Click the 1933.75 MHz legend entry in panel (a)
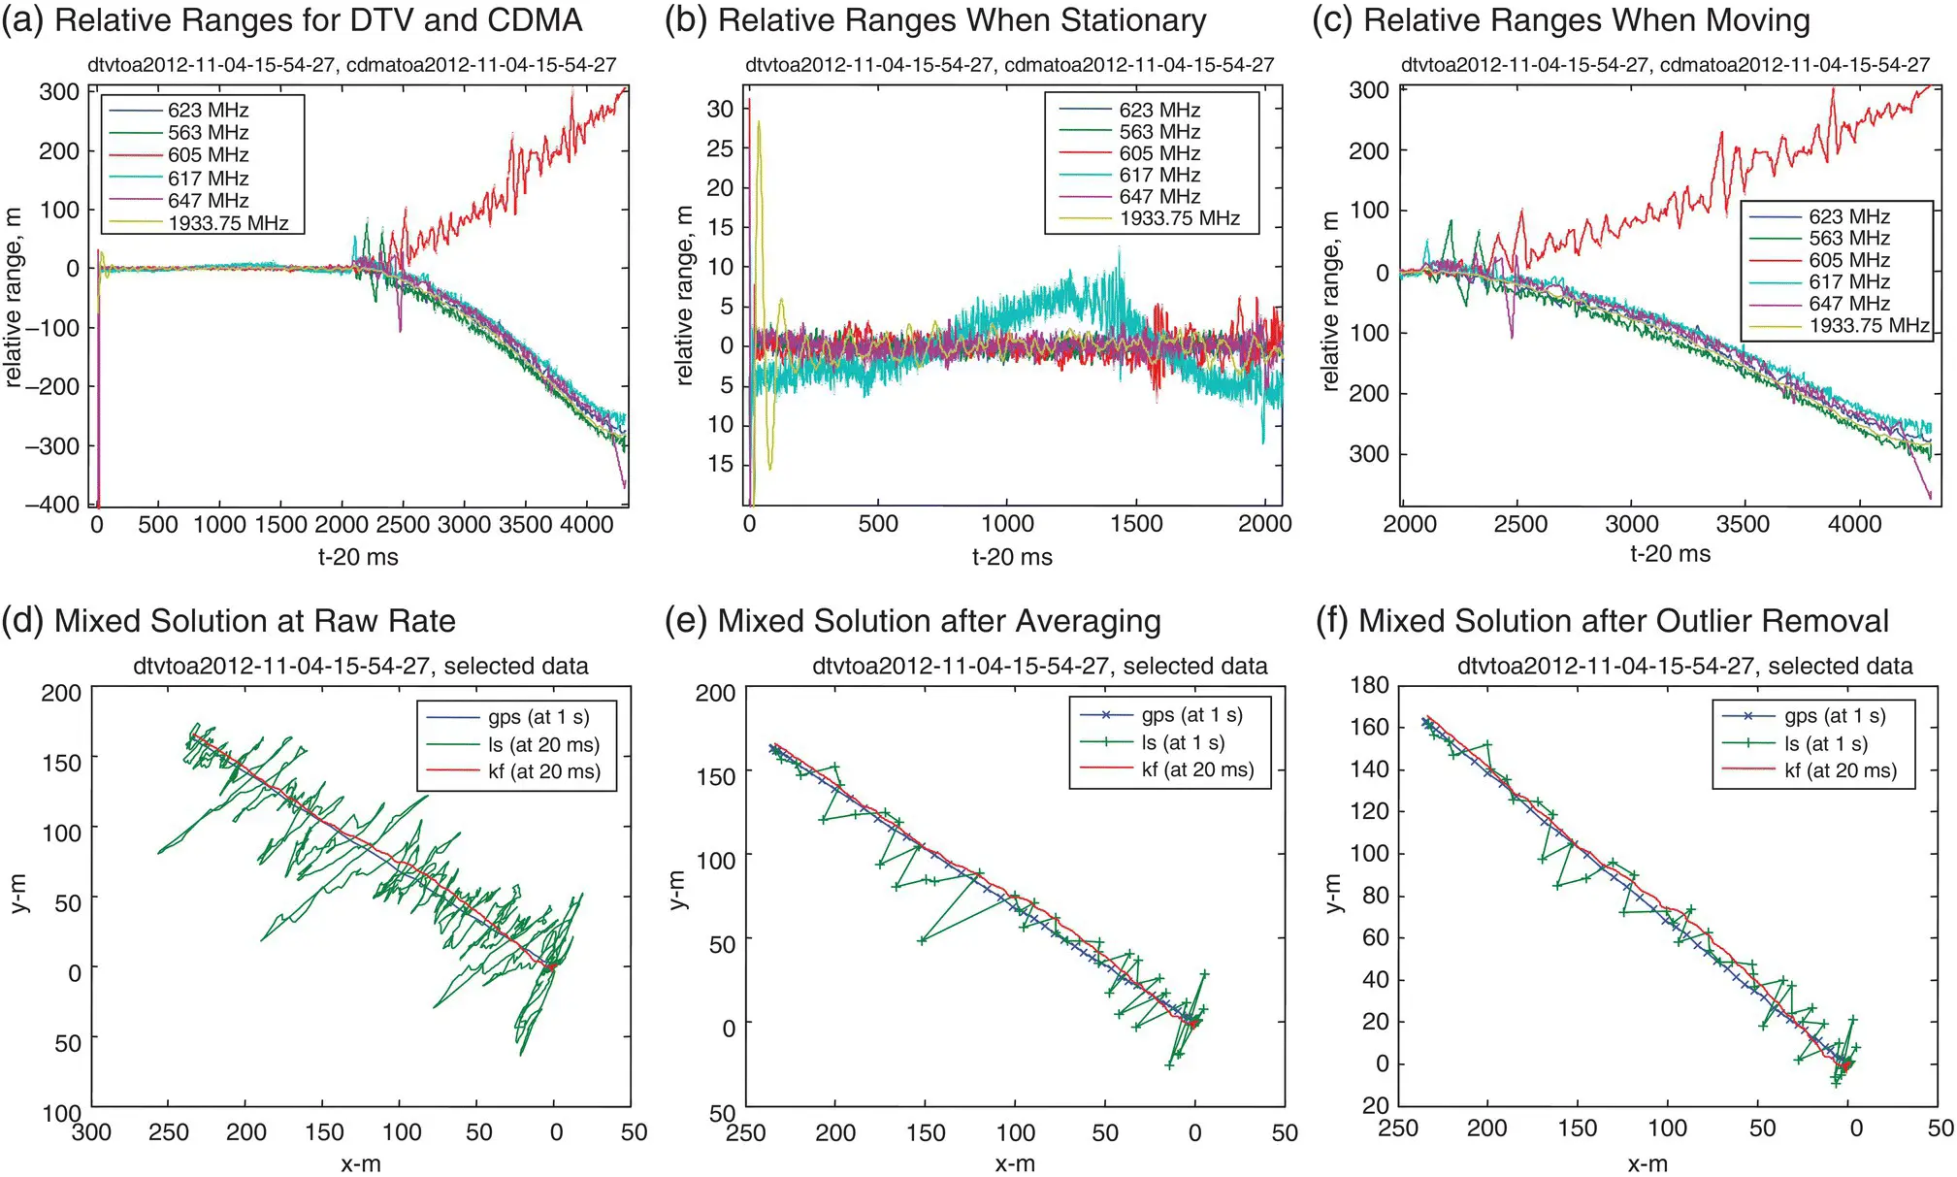[228, 223]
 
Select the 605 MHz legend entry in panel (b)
[1159, 153]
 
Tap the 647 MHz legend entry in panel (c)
[1849, 304]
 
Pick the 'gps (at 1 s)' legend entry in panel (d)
[538, 717]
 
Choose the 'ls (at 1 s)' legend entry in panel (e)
[1183, 742]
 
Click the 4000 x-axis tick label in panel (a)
[587, 525]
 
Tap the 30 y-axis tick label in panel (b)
[720, 109]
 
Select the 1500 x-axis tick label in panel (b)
[1136, 524]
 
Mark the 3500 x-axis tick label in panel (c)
[1743, 524]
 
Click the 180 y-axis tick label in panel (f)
[1369, 685]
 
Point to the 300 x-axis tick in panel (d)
[92, 1132]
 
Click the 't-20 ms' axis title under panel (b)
[1012, 557]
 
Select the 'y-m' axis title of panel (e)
[678, 891]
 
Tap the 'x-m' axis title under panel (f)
[1647, 1163]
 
